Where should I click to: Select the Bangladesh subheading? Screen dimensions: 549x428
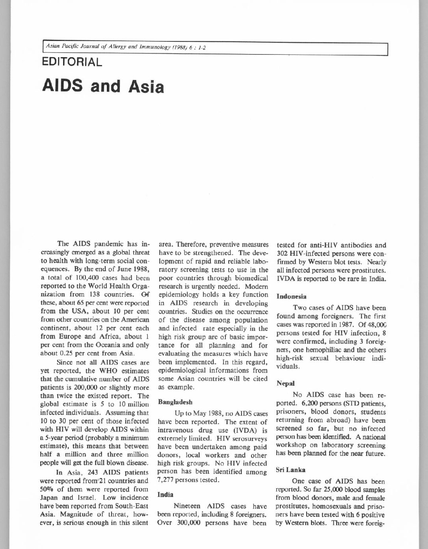coord(175,402)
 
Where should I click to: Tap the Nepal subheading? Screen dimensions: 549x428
coord(286,383)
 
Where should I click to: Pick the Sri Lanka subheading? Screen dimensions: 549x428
coord(291,470)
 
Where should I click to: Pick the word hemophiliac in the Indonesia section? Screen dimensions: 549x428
coord(321,350)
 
